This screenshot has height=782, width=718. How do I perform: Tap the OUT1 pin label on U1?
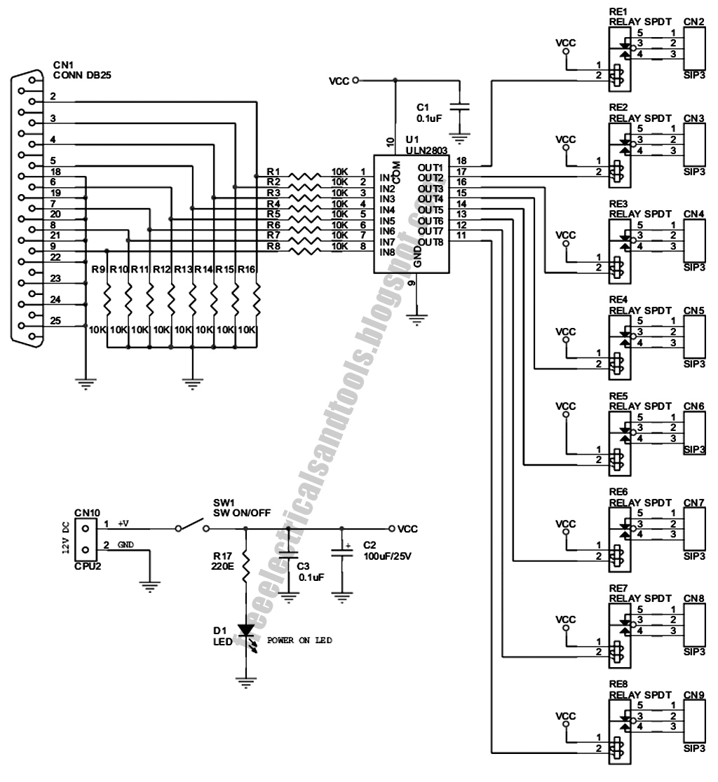pyautogui.click(x=431, y=167)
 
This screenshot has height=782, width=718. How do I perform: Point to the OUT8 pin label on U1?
pyautogui.click(x=431, y=242)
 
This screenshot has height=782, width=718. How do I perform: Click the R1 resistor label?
pyautogui.click(x=273, y=172)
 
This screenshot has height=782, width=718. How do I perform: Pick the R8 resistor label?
pyautogui.click(x=273, y=246)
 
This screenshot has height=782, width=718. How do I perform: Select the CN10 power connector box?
pyautogui.click(x=86, y=536)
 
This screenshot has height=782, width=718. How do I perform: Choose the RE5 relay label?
pyautogui.click(x=618, y=396)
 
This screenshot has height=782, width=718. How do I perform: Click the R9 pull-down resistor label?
pyautogui.click(x=97, y=268)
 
